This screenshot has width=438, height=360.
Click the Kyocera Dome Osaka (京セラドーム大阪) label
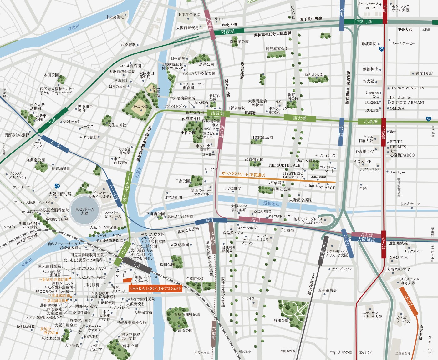click(84, 211)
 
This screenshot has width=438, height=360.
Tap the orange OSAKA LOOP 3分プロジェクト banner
click(155, 288)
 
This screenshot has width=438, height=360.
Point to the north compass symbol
click(430, 350)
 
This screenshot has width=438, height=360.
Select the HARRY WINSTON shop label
click(407, 88)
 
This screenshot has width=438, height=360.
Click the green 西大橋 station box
click(300, 118)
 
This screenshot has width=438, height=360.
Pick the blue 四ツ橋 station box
click(341, 132)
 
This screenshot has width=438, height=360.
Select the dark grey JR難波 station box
click(324, 250)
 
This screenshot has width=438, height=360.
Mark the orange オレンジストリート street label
click(243, 174)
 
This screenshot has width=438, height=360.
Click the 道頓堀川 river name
click(271, 203)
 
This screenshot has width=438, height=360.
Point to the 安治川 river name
click(74, 28)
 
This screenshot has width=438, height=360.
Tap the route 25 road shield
click(381, 49)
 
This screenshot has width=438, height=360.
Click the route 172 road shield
click(57, 186)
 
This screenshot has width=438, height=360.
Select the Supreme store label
click(318, 176)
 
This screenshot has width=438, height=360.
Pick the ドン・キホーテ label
click(410, 204)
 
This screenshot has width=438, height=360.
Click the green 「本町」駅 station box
click(363, 22)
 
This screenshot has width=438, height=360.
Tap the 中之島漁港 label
click(115, 17)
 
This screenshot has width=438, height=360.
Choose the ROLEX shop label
click(372, 110)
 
